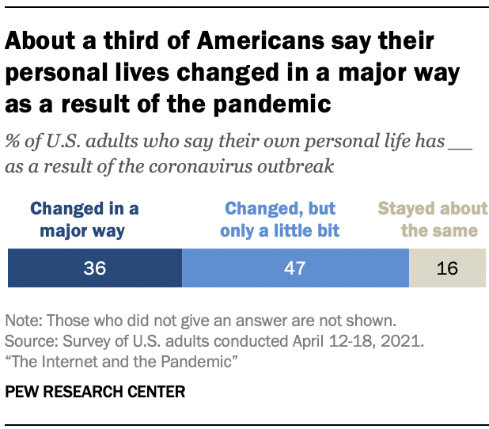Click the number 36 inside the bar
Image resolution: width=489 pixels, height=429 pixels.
pyautogui.click(x=95, y=268)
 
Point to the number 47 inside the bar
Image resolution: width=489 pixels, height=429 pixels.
pyautogui.click(x=295, y=268)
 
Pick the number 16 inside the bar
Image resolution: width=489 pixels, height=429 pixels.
pyautogui.click(x=447, y=268)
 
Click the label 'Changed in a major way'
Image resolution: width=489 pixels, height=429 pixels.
pyautogui.click(x=84, y=220)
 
